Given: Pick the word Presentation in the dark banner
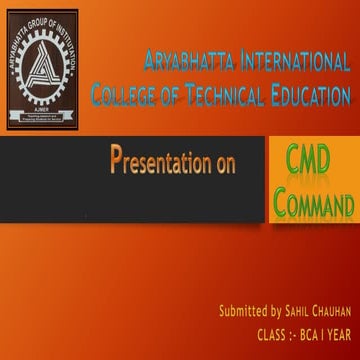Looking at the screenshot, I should (159, 164).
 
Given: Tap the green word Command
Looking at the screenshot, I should (314, 206).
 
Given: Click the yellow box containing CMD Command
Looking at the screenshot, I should (313, 182).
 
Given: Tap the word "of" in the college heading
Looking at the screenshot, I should (173, 96).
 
